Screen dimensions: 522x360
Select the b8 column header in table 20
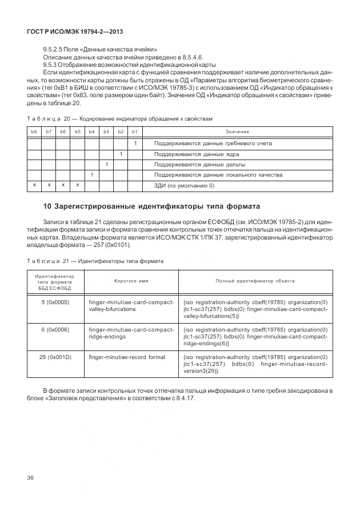pos(34,132)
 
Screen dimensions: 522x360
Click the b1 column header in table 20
pos(135,132)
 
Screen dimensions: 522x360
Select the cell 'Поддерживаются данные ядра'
pos(197,154)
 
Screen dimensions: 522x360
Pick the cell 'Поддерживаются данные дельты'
pos(199,164)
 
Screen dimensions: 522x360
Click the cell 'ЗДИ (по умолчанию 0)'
pos(184,185)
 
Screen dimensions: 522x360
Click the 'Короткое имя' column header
pos(131,281)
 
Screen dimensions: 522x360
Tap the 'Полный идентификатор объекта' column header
pos(255,281)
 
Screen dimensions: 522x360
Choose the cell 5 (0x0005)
pos(55,301)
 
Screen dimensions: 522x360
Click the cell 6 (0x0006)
pos(55,329)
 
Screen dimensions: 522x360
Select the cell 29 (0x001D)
pos(55,357)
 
